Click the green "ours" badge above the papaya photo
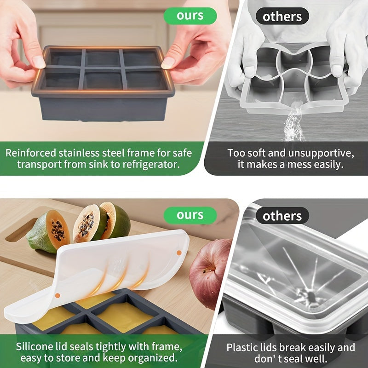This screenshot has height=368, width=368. click(190, 215)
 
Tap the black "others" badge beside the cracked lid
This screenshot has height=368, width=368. click(282, 215)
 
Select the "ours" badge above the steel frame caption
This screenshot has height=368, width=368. click(190, 16)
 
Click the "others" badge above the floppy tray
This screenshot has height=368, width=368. click(282, 17)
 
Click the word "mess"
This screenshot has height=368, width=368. click(292, 165)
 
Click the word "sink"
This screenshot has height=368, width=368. click(90, 165)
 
